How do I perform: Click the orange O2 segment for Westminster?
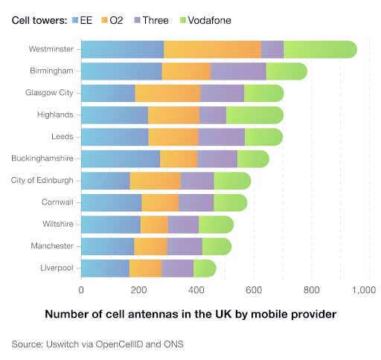click(212, 50)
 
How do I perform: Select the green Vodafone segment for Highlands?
click(254, 115)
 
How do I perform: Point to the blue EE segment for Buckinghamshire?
click(121, 158)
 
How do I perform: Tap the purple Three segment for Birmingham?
click(238, 71)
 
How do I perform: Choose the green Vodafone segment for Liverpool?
click(205, 268)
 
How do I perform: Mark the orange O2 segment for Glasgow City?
click(167, 93)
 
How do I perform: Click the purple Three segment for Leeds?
click(221, 137)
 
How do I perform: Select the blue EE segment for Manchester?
click(107, 246)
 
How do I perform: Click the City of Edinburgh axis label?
click(42, 181)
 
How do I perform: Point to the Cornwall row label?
click(57, 202)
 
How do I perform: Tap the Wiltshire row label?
click(57, 224)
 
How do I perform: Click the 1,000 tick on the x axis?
click(368, 289)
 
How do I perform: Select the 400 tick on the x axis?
click(196, 289)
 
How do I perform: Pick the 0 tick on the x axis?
click(81, 289)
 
